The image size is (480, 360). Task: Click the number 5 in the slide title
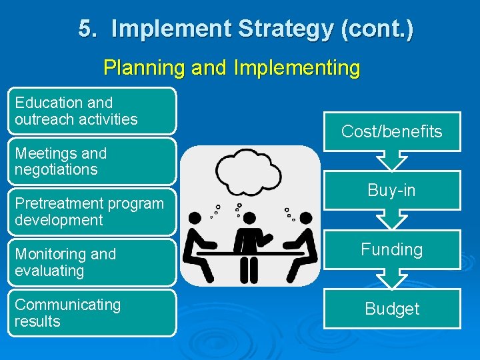[85, 29]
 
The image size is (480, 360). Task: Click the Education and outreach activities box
[93, 111]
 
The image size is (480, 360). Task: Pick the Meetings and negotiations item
[93, 161]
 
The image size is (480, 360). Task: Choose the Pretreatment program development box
[93, 211]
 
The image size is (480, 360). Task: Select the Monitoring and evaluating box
[93, 262]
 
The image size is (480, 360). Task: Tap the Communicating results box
[93, 313]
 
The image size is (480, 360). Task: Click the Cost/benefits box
[392, 131]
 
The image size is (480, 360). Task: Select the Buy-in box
[392, 191]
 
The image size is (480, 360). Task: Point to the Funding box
[392, 249]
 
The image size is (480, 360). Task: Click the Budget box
[392, 309]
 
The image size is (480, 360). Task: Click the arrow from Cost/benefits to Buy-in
[392, 161]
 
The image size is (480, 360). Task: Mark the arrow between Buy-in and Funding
[392, 220]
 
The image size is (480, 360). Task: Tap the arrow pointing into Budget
[392, 279]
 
